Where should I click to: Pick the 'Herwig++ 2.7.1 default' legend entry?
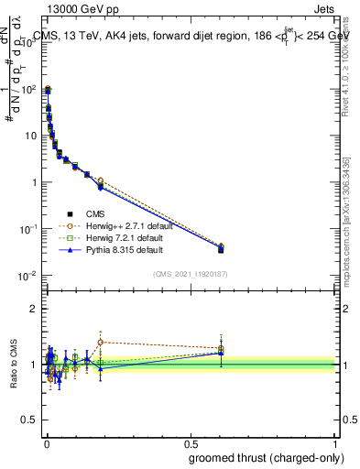[110, 224]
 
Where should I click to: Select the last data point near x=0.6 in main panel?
[221, 248]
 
